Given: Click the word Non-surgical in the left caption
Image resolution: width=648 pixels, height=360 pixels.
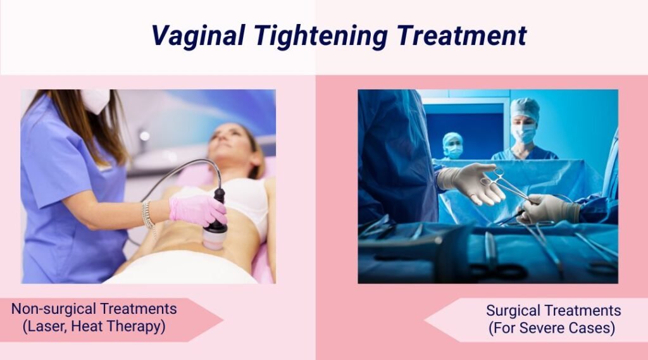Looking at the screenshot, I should (x=53, y=309).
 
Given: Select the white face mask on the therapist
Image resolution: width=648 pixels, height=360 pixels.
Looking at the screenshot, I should (x=96, y=101).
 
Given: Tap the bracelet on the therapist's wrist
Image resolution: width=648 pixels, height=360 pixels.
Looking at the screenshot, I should (x=148, y=215).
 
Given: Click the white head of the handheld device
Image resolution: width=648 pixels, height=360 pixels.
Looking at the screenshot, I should (x=216, y=240).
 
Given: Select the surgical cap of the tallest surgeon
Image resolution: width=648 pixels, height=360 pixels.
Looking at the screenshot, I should (x=525, y=109).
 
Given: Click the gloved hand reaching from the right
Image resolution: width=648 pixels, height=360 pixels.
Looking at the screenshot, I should (x=548, y=209).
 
